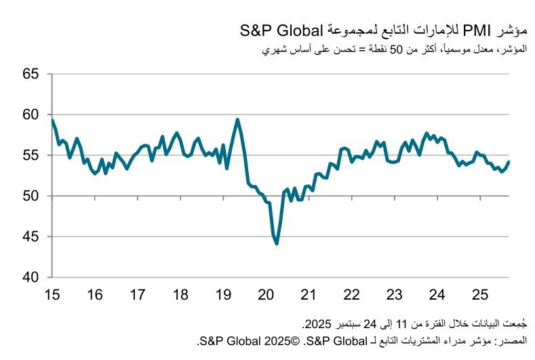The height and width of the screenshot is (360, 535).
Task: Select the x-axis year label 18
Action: coord(180,295)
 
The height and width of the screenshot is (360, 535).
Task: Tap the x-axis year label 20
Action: coord(266,295)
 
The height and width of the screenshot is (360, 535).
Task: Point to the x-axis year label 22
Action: coord(351,295)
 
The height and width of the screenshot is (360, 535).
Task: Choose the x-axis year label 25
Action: coord(479,295)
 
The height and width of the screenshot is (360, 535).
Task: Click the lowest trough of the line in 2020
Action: coord(277,243)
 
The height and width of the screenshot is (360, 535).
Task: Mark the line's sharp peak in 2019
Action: coord(237,120)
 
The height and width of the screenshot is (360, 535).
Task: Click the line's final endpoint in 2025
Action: coord(509,161)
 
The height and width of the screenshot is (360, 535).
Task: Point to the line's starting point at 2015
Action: coord(52,120)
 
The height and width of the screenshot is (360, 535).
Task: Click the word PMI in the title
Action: coord(462,31)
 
